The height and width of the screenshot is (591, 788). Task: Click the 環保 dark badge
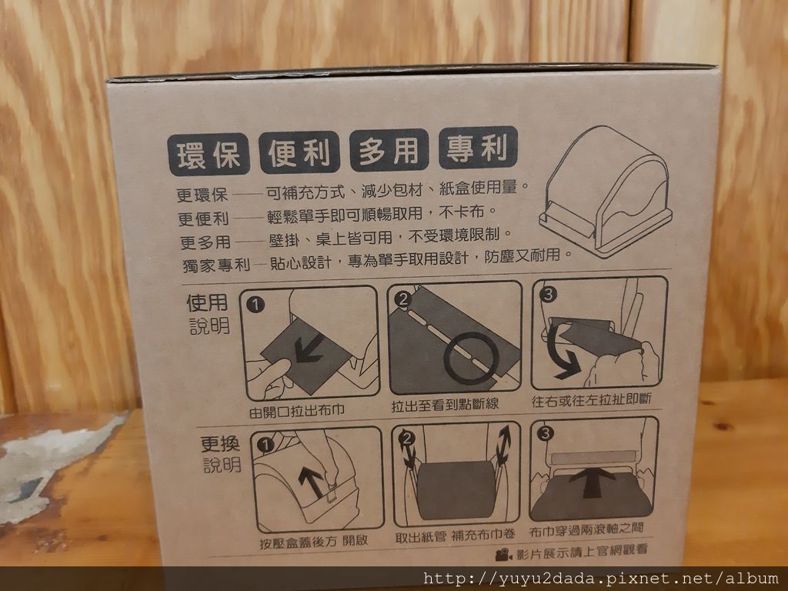209,154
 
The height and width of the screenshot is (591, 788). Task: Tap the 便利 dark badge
299,152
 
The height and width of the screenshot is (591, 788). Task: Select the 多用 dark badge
389,150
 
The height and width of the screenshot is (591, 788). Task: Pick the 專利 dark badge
478,147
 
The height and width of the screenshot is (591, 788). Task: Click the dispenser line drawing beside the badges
606,191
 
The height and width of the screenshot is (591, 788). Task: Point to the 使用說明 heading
208,314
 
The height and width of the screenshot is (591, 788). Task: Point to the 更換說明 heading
221,454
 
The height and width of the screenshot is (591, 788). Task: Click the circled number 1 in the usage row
255,305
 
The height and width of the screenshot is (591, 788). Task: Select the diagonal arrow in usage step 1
309,349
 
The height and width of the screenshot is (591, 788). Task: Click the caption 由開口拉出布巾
297,411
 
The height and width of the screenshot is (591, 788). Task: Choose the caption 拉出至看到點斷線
445,404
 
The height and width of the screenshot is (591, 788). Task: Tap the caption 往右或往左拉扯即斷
592,400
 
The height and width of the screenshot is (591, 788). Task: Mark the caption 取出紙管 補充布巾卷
456,536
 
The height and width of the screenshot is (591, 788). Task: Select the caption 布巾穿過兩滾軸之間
586,529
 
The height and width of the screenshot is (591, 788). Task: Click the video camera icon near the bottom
503,554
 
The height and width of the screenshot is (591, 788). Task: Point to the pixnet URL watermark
600,579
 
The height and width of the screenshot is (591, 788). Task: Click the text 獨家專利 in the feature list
216,265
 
